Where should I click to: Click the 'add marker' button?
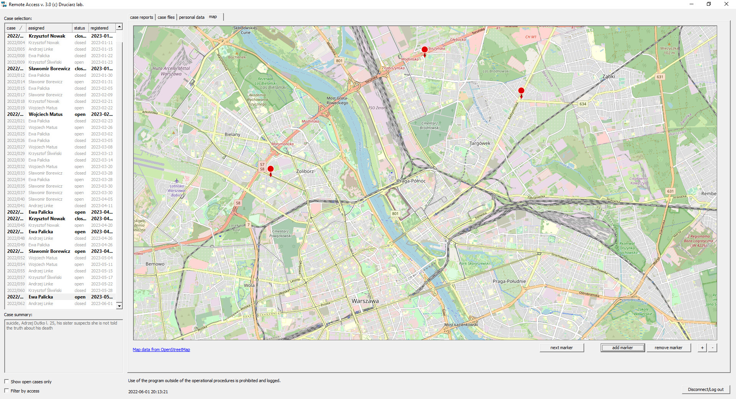622,348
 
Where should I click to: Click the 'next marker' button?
561,348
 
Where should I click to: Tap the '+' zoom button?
702,348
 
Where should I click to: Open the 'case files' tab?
166,17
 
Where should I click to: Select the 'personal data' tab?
191,17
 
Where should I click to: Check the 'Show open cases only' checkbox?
7,381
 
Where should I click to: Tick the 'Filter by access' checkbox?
7,391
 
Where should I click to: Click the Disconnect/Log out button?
705,389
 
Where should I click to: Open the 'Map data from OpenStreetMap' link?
161,350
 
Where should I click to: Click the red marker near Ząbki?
521,91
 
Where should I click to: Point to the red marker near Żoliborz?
270,169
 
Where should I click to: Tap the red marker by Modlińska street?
424,50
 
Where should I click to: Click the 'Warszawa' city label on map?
365,301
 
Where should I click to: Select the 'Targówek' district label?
480,143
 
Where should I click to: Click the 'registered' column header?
100,28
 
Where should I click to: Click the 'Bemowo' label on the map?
155,264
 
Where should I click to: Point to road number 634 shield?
583,104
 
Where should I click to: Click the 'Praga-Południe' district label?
509,281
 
